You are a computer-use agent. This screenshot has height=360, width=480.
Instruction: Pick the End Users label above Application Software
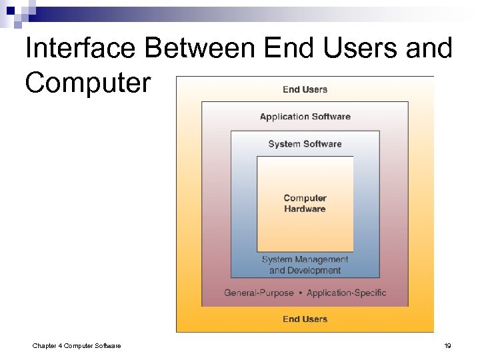coord(305,89)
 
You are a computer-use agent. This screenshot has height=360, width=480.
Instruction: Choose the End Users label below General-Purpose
coord(305,319)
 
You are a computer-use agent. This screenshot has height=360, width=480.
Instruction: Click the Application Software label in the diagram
coord(305,117)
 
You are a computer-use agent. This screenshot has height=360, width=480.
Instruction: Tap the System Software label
coord(305,144)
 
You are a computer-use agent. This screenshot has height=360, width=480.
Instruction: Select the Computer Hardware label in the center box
coord(305,203)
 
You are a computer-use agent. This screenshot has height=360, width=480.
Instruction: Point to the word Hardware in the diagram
coord(305,209)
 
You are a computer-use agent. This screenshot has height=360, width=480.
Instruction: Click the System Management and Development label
coord(305,265)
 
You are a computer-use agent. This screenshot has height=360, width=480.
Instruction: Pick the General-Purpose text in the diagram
coord(259,293)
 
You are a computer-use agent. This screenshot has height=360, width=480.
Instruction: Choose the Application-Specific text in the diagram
coord(346,293)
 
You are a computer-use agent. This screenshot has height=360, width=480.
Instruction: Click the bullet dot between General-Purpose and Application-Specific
coord(300,293)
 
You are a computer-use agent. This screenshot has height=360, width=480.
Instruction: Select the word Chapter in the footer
coord(45,345)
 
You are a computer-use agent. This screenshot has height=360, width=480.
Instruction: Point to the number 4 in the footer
coord(61,345)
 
